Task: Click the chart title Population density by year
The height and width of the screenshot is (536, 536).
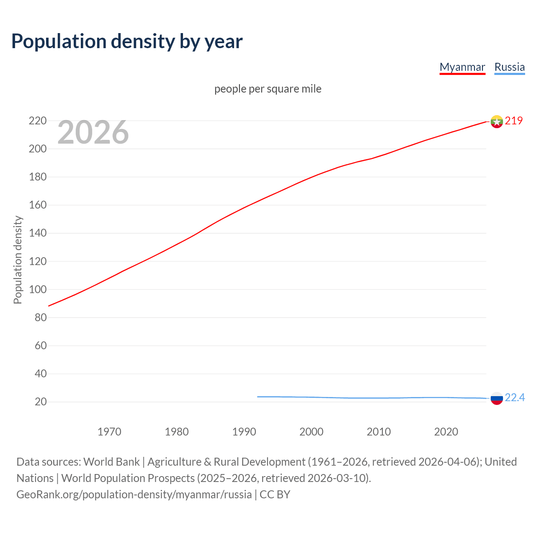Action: pos(127,41)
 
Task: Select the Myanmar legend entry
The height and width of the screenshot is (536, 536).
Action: pos(462,67)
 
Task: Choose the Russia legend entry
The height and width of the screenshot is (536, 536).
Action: pos(509,67)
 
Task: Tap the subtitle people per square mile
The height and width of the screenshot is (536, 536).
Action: pos(268,89)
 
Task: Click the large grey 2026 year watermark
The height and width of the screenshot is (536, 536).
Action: pos(93,132)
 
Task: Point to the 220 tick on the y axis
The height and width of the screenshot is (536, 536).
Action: pos(38,121)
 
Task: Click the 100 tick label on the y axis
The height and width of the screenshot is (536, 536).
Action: pos(38,289)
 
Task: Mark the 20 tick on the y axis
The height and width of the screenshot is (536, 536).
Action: pos(41,402)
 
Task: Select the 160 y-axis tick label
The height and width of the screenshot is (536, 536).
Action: pos(38,205)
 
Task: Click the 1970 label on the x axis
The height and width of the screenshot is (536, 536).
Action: pos(109,432)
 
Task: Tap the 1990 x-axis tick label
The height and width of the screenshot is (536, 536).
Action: pos(244,432)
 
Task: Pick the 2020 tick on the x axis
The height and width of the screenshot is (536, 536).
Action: pos(446,432)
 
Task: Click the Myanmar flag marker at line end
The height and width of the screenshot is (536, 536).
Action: pos(497,121)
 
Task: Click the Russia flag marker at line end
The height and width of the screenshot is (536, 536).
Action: pos(497,398)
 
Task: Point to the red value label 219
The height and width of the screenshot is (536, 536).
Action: pos(514,121)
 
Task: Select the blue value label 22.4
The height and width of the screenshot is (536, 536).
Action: pos(515,398)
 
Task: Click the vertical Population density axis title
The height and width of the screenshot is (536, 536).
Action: pos(18,260)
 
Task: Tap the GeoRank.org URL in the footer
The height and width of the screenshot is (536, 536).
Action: pos(134,495)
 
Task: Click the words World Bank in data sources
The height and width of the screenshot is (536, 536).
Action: pos(111,462)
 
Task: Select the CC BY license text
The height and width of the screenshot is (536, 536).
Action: pos(275,495)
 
